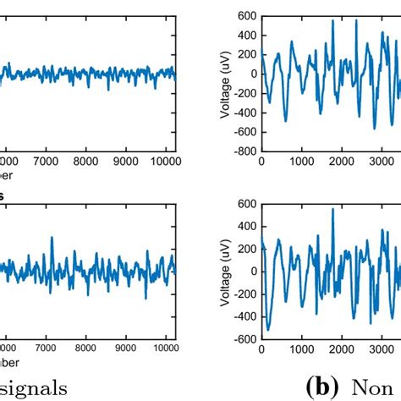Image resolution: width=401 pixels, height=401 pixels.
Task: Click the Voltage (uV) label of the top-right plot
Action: (226, 84)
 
